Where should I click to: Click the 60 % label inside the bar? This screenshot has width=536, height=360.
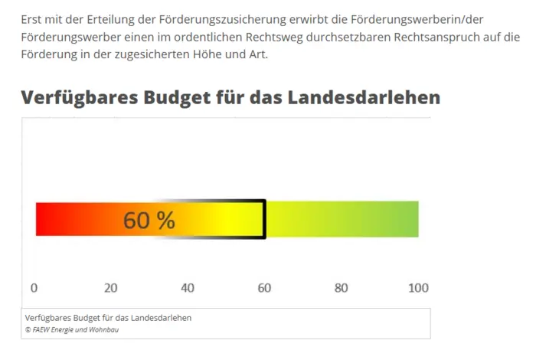pyautogui.click(x=149, y=221)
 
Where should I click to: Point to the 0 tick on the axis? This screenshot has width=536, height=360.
pyautogui.click(x=34, y=288)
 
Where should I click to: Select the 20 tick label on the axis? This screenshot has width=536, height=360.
pyautogui.click(x=110, y=288)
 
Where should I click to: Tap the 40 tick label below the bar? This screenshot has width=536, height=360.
pyautogui.click(x=188, y=288)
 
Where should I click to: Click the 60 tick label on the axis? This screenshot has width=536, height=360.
pyautogui.click(x=264, y=288)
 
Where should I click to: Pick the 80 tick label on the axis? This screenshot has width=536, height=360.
pyautogui.click(x=342, y=288)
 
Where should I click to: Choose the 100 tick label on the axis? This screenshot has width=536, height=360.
pyautogui.click(x=417, y=288)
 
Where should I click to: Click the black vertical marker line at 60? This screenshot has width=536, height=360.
pyautogui.click(x=265, y=219)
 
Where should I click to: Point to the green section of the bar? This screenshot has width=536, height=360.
pyautogui.click(x=345, y=219)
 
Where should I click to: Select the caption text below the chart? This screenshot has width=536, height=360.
pyautogui.click(x=108, y=318)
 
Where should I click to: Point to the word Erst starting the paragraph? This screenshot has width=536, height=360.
pyautogui.click(x=32, y=18)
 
